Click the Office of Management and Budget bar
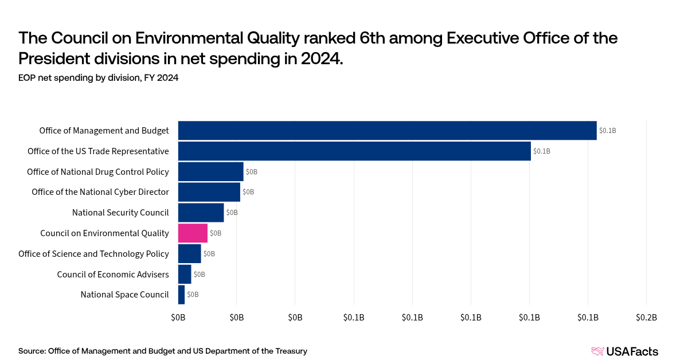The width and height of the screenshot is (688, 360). point(387,131)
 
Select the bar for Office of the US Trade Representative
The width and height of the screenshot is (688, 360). point(354,151)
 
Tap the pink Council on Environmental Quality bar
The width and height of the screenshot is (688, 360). point(193,233)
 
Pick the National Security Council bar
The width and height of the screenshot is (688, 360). point(201,213)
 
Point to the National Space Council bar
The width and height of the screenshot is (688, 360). point(182,295)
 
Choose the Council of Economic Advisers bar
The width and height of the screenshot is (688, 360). point(185,275)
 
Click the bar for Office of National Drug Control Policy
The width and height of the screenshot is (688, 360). point(210,171)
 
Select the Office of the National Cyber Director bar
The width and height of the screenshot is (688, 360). point(209,192)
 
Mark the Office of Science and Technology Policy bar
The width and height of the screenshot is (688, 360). point(189,254)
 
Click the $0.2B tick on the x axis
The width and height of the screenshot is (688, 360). point(646,318)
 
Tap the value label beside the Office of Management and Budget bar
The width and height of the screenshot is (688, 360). point(607,131)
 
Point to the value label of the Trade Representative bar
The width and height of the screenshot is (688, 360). point(542,151)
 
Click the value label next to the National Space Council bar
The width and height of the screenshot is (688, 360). point(193,295)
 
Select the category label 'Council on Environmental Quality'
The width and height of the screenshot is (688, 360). point(104,233)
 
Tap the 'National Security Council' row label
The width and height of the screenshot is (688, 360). point(120,213)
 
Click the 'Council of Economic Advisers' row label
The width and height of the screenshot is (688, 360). point(113,275)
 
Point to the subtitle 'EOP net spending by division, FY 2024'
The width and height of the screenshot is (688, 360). point(98,79)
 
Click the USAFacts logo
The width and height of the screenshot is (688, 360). point(624,351)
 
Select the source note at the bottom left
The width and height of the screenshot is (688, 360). point(163,351)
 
